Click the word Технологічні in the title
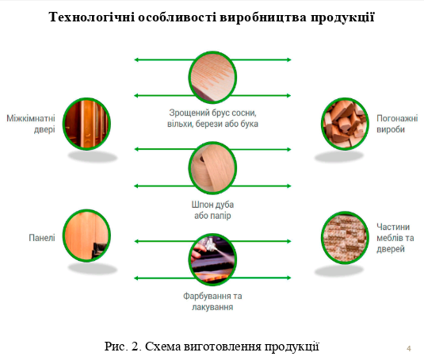(x=92, y=17)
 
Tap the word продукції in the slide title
(x=342, y=17)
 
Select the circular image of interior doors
(x=86, y=124)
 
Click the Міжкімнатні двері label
(x=31, y=124)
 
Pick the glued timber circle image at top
(x=212, y=78)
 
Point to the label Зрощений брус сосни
(x=212, y=113)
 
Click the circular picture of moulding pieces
(x=345, y=124)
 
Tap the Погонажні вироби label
(x=397, y=124)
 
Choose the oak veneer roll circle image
(x=212, y=167)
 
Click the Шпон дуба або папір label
(x=212, y=210)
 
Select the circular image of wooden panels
(x=86, y=236)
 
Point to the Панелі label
(x=42, y=238)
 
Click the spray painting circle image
(x=212, y=259)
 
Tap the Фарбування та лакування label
(x=212, y=301)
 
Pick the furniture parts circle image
(x=345, y=238)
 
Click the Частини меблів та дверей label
(x=395, y=238)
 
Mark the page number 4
(x=409, y=348)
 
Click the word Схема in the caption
(x=162, y=347)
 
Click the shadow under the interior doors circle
(x=92, y=157)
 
